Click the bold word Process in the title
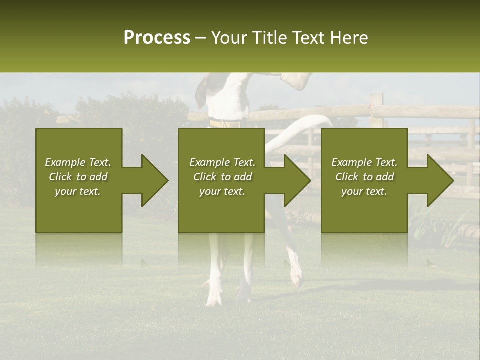click(157, 38)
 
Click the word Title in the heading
click(270, 38)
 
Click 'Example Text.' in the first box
click(78, 162)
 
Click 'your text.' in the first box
click(78, 191)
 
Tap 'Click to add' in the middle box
click(222, 177)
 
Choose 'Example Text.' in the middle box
click(222, 162)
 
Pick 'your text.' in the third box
click(364, 191)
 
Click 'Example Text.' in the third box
click(364, 162)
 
